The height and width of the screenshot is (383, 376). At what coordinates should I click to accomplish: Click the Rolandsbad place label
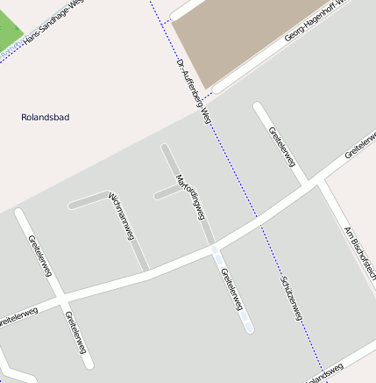pos(45,117)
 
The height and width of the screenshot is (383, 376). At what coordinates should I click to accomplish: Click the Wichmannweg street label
pos(121,216)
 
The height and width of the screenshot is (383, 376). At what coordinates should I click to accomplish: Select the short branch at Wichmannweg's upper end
pos(88,199)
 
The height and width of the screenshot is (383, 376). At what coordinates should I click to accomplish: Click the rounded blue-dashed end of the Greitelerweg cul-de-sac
pos(248,326)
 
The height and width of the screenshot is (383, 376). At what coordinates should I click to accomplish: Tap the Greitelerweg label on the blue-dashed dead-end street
pos(233,289)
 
